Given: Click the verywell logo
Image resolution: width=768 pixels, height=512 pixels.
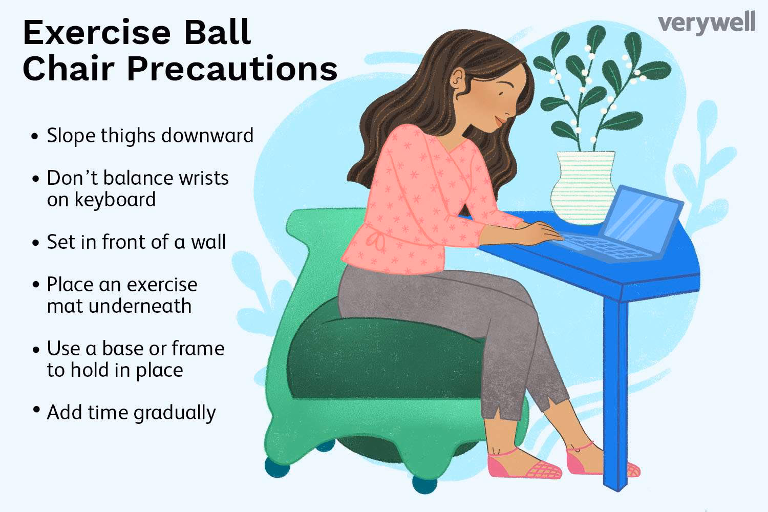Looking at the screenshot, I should point(706,24).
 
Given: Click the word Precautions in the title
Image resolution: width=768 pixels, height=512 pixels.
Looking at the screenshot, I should point(231,69).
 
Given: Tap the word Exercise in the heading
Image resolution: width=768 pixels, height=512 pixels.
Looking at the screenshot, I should point(96,33).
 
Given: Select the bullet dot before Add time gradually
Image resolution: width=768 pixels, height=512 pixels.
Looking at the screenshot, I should point(35,410).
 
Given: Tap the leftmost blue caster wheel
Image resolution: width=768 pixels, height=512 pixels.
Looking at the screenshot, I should point(276,467).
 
